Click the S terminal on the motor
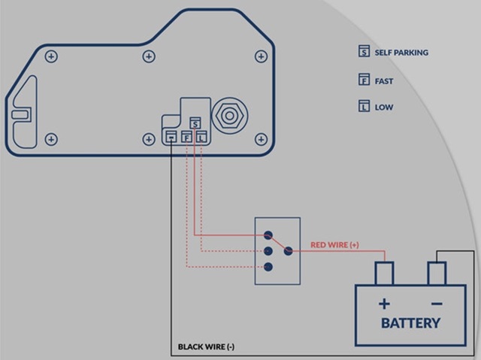click(195, 123)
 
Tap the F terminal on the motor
click(186, 137)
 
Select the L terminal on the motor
click(201, 137)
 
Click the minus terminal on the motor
click(171, 137)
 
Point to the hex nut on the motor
click(229, 116)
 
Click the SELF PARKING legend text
click(401, 53)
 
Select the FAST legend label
click(384, 81)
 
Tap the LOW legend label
click(384, 107)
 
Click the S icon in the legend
click(364, 51)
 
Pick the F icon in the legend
click(364, 80)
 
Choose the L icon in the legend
click(364, 106)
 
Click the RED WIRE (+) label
click(334, 245)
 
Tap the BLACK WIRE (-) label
click(206, 346)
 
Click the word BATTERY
click(410, 323)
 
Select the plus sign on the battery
click(384, 304)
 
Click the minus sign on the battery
click(437, 304)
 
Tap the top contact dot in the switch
click(268, 235)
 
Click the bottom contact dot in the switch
click(268, 267)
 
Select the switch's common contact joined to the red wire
click(288, 251)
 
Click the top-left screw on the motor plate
click(51, 56)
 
